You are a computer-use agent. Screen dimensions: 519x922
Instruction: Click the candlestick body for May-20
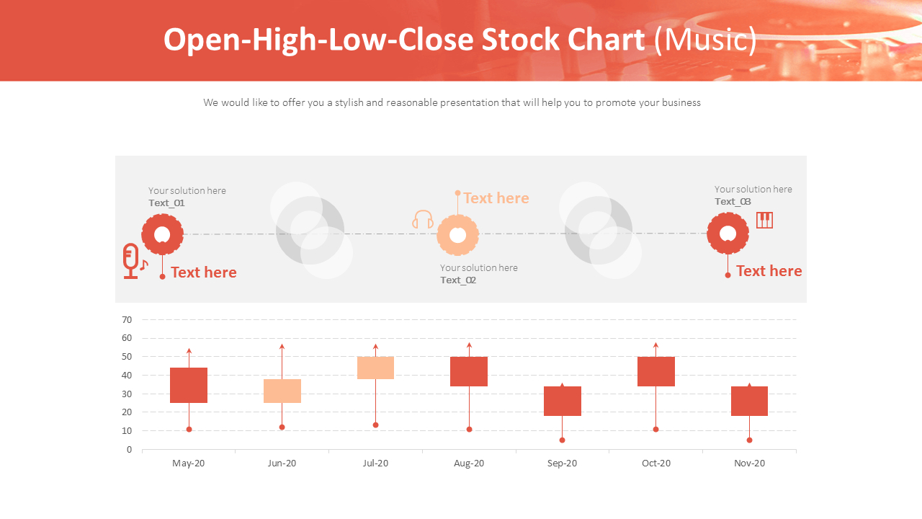click(189, 385)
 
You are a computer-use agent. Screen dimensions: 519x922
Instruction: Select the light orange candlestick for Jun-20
click(282, 391)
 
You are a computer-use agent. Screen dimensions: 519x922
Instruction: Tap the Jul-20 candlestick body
click(375, 368)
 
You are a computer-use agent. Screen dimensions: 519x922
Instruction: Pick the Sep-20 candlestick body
click(562, 401)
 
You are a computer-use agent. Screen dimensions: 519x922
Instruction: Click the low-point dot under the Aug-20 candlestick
click(469, 430)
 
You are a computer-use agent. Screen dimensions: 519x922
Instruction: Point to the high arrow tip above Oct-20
click(655, 345)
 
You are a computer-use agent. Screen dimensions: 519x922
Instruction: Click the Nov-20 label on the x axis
click(749, 463)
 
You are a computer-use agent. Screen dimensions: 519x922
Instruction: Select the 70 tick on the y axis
click(127, 319)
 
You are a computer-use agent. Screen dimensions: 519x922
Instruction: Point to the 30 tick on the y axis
click(127, 394)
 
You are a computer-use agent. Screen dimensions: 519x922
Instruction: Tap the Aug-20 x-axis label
click(469, 463)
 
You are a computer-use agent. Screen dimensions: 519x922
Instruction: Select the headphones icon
click(423, 220)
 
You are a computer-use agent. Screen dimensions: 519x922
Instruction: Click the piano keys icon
click(764, 220)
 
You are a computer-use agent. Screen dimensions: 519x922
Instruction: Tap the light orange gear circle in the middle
click(458, 234)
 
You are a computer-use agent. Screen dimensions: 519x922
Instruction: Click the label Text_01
click(166, 203)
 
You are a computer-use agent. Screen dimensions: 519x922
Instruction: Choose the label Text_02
click(458, 280)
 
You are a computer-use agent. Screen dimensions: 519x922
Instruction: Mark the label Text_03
click(733, 202)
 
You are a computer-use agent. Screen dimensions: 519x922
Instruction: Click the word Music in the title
click(705, 40)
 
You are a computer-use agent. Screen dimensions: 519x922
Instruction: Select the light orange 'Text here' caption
click(496, 198)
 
